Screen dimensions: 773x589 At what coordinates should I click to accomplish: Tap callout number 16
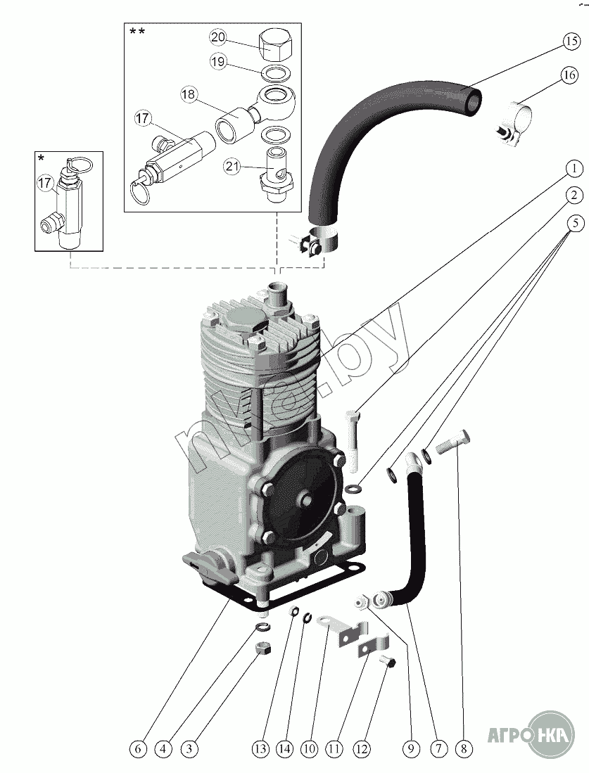click(x=570, y=75)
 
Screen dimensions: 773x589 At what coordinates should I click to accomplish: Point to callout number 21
click(x=233, y=166)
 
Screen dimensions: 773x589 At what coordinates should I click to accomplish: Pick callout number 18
click(x=189, y=94)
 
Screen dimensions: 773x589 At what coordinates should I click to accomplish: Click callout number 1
click(x=574, y=168)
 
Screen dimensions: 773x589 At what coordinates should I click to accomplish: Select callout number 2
click(x=574, y=195)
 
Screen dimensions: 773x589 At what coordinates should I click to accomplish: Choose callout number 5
click(x=574, y=224)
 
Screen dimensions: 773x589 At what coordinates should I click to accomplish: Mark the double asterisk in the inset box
click(x=137, y=32)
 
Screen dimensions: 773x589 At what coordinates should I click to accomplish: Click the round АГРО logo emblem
click(x=550, y=735)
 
